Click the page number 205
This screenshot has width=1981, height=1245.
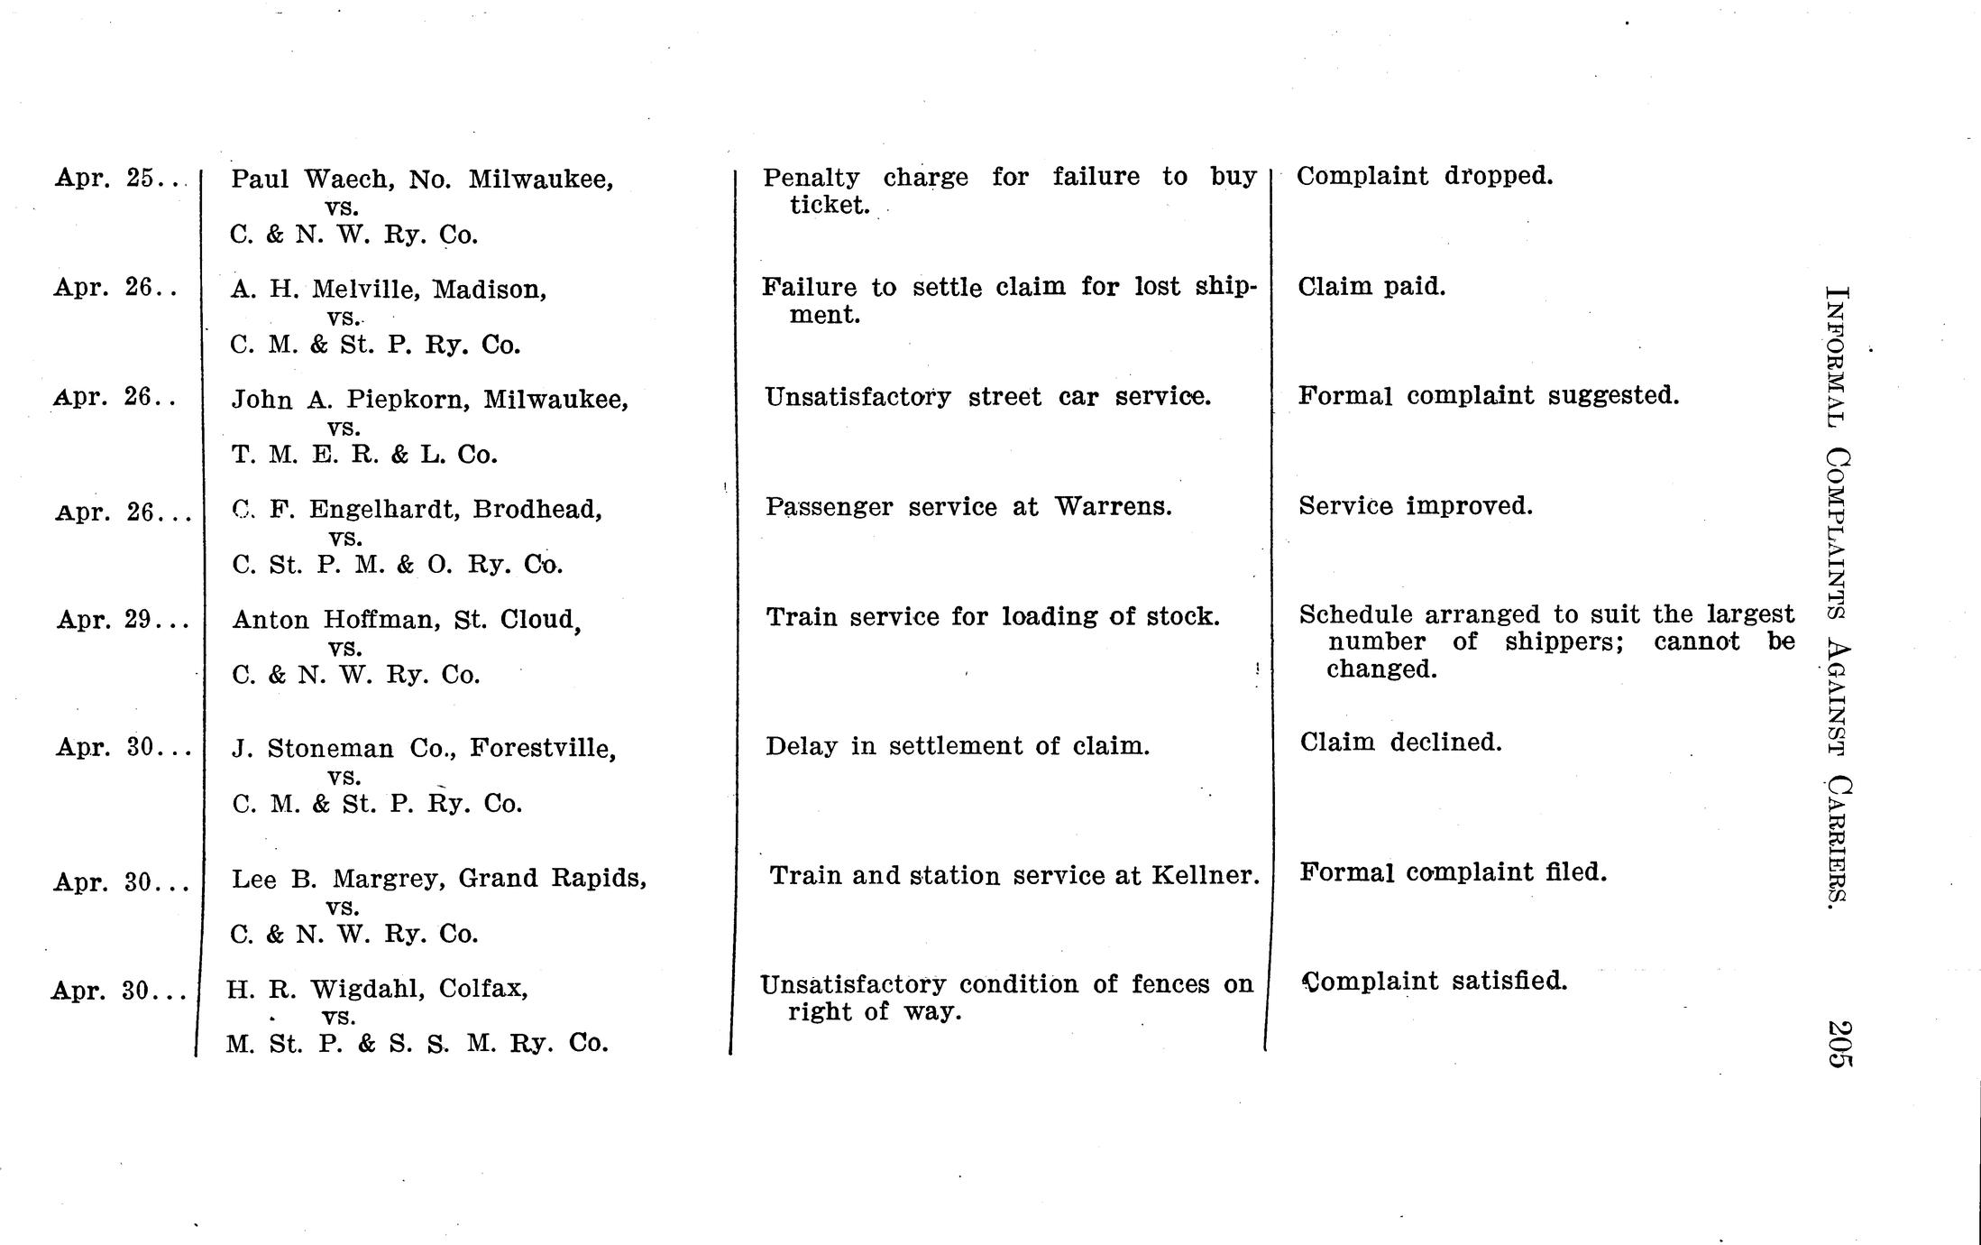[x=1839, y=1044]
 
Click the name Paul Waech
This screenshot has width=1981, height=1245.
[x=312, y=179]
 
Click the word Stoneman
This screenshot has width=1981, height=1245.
[x=330, y=749]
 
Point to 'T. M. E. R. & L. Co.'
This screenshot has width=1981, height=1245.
[x=364, y=455]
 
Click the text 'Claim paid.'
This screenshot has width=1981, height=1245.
[x=1371, y=287]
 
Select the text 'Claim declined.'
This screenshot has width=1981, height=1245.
[x=1400, y=742]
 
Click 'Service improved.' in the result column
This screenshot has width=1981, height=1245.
[x=1416, y=506]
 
